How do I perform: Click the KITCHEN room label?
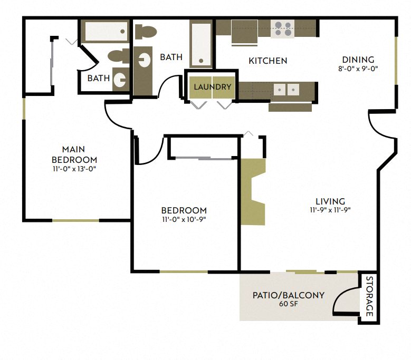pos(268,61)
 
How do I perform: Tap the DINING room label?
pos(358,60)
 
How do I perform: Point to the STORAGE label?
pos(369,296)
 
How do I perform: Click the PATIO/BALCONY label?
pos(288,295)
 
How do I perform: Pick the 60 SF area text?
pos(288,304)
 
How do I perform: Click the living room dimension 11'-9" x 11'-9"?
pos(330,210)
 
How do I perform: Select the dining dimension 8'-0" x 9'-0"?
pos(358,69)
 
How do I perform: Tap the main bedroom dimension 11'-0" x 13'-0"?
pos(74,169)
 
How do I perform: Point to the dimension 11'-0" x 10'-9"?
pos(184,219)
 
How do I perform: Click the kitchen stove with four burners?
pos(282,29)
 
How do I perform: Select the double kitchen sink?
pos(285,89)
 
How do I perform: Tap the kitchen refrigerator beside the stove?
pos(244,33)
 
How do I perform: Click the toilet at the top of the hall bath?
pos(146,31)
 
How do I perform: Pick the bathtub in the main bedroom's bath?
pos(106,31)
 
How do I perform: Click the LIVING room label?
pos(330,201)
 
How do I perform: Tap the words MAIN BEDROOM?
pos(74,154)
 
